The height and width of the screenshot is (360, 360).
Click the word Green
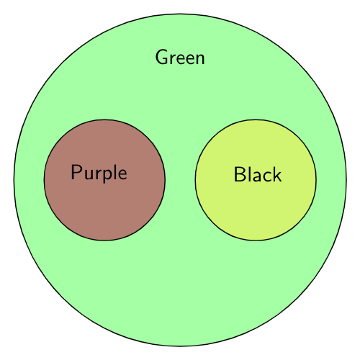coord(180,57)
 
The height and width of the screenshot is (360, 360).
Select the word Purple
coord(99,173)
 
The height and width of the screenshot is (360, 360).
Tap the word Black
coord(258,174)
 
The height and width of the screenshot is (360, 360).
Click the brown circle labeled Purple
coord(104,180)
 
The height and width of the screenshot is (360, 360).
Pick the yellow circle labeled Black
coord(256,180)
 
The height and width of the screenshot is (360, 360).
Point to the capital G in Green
coord(162,57)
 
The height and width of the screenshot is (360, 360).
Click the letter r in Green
coord(174,59)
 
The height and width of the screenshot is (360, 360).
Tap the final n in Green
coord(199,59)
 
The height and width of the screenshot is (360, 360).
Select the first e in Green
coord(183,59)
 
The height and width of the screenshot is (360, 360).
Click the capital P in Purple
coord(76,172)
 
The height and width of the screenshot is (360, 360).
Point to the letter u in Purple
coord(89,174)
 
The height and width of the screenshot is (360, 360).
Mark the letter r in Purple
coord(100,174)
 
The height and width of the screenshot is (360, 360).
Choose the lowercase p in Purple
coord(109,176)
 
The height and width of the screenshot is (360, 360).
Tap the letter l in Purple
coord(116,171)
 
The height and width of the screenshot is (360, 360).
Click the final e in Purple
coord(122,174)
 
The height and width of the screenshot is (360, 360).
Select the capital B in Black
coord(240,174)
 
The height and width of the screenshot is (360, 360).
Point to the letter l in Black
coord(249,174)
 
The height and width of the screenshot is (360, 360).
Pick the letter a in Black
coord(256,176)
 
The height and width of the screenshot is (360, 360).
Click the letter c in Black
coord(266,176)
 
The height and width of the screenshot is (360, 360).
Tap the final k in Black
coord(277,174)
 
